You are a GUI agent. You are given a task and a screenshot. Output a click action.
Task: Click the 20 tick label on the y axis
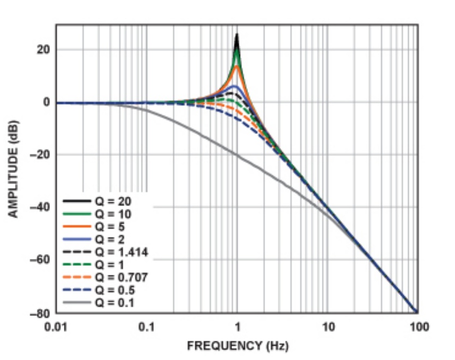(44, 49)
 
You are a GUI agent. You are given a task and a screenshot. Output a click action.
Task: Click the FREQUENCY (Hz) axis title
(237, 346)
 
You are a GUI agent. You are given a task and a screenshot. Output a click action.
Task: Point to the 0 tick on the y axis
(46, 102)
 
